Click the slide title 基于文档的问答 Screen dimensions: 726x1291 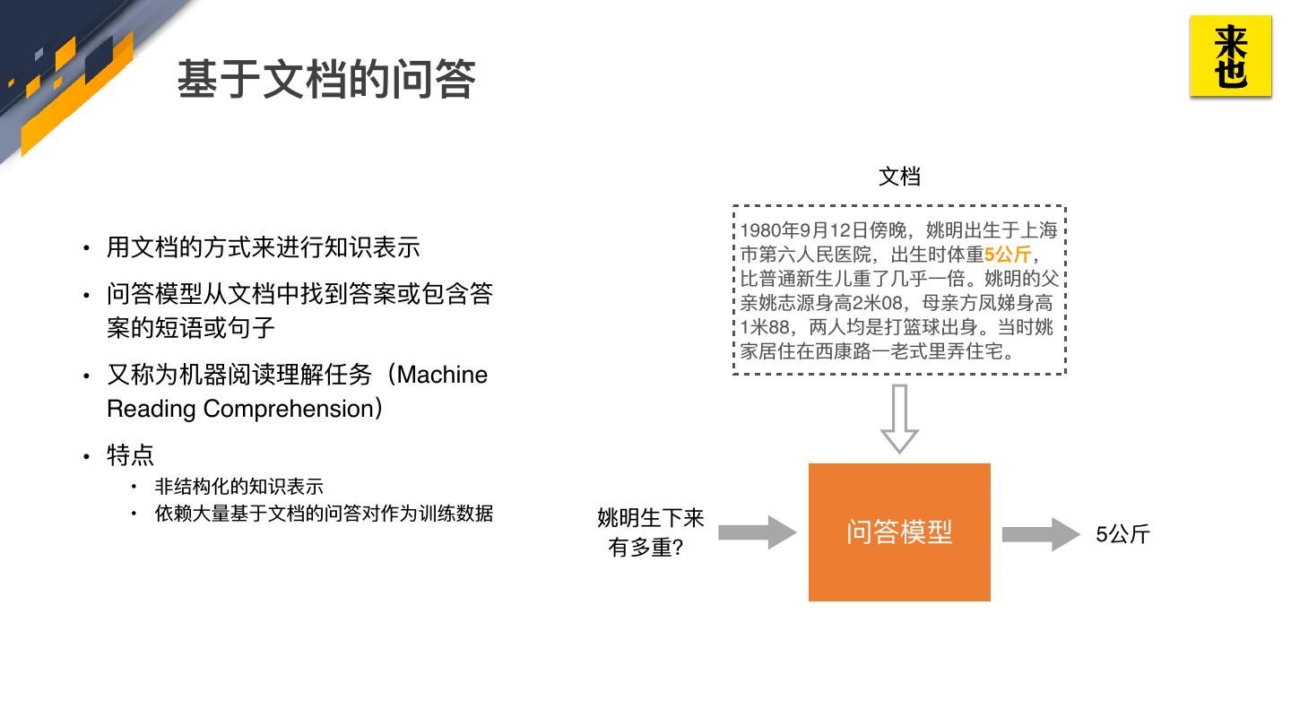325,80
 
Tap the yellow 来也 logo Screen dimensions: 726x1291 1230,56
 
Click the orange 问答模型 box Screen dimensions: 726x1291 899,532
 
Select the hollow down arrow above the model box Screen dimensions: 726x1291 899,419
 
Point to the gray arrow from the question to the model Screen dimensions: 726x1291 757,533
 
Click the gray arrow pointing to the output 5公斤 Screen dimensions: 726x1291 1040,534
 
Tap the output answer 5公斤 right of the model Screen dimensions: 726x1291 1122,535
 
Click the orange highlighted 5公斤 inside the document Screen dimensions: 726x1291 1008,255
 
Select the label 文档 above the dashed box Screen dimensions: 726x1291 899,177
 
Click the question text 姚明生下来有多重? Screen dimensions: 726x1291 650,532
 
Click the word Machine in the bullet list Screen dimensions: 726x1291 442,375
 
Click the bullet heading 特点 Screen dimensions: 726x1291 130,455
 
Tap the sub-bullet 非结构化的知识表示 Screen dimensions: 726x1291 238,487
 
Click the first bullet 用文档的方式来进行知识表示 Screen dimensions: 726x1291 263,247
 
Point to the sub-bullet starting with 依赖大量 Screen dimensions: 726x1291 324,514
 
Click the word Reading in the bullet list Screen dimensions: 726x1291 151,409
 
